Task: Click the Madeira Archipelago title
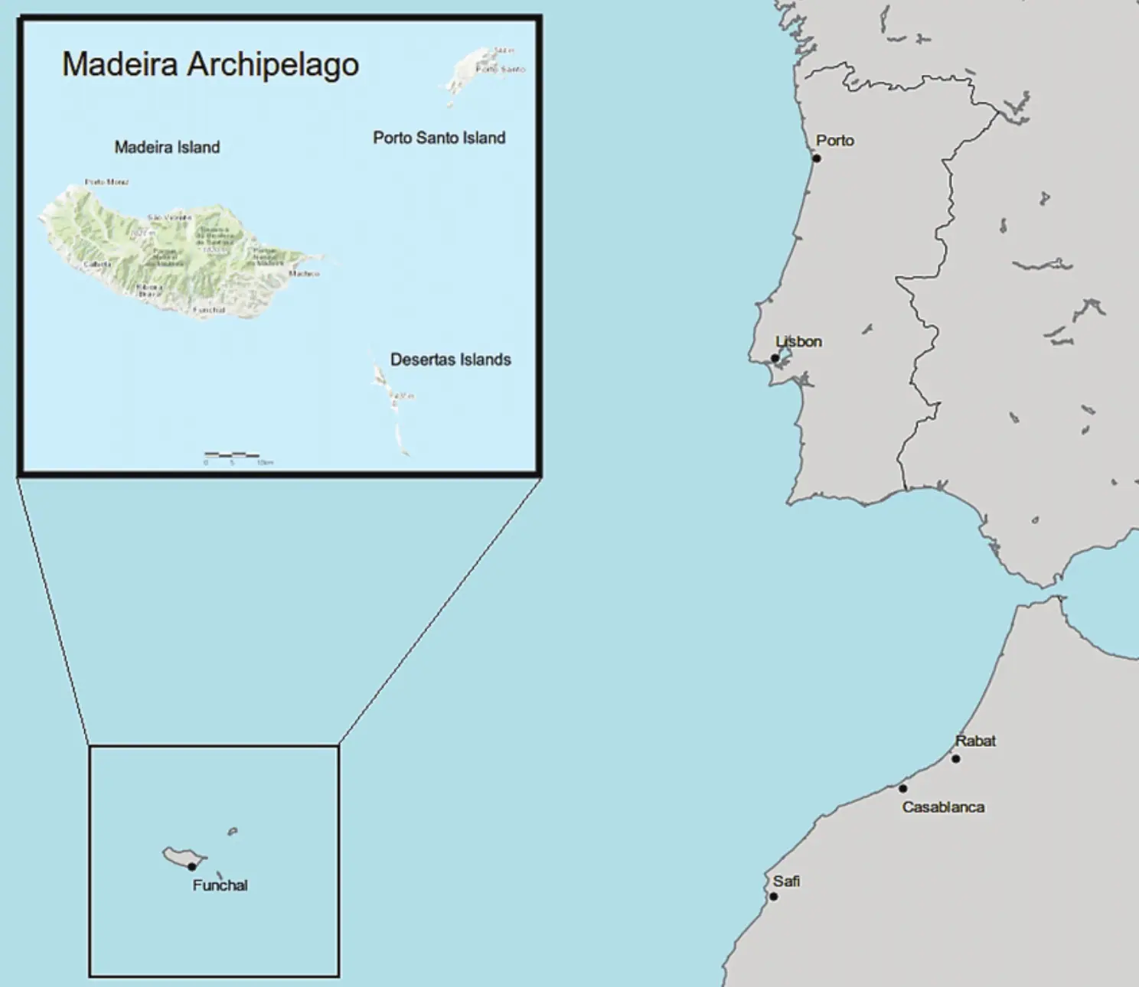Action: tap(211, 64)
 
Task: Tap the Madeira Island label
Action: tap(167, 147)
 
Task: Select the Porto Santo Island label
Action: tap(439, 138)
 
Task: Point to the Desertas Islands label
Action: tap(450, 360)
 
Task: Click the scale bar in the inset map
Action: tap(232, 455)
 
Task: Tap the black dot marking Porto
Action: tap(817, 158)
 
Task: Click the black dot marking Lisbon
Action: tap(775, 358)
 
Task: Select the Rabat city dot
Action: tap(955, 759)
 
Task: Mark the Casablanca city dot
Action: tap(902, 788)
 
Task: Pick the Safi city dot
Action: tap(773, 896)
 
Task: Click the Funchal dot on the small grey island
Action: tap(191, 866)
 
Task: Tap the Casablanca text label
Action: tap(943, 807)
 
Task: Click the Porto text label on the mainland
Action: tap(835, 141)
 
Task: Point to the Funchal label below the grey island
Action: tap(220, 885)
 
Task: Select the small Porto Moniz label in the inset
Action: tap(107, 182)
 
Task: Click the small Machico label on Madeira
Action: tap(304, 273)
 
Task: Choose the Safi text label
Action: tap(786, 881)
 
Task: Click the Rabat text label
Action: tap(975, 741)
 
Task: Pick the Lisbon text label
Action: tap(799, 341)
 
